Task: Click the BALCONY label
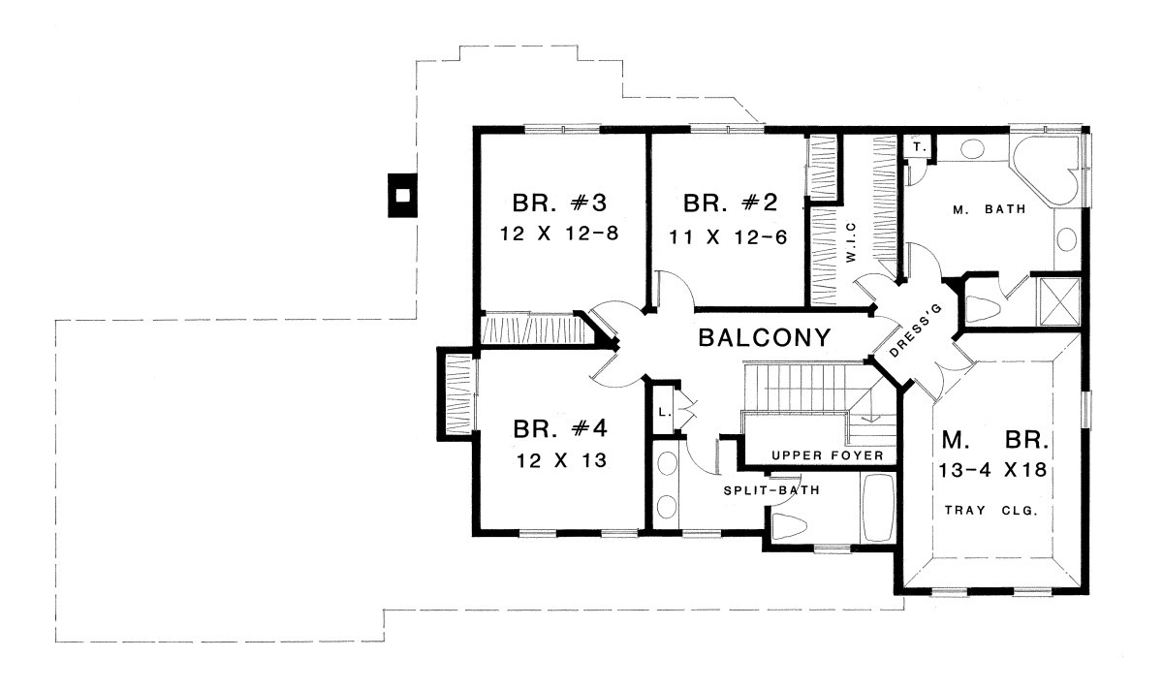(x=765, y=338)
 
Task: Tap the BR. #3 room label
(x=559, y=203)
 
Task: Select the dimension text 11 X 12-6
(x=728, y=237)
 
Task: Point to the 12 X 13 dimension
(x=561, y=460)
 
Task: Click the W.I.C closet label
(x=851, y=242)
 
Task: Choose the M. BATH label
(x=990, y=209)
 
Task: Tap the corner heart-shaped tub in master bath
(x=1045, y=172)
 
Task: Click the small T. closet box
(x=919, y=147)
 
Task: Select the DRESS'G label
(x=915, y=330)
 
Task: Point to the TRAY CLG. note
(x=990, y=511)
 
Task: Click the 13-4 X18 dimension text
(x=992, y=470)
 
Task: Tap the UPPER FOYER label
(x=827, y=455)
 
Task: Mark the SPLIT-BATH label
(x=771, y=490)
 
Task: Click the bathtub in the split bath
(x=877, y=507)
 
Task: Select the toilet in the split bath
(x=788, y=526)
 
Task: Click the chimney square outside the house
(x=403, y=195)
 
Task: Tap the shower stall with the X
(x=1058, y=302)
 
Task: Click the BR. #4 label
(x=560, y=429)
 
